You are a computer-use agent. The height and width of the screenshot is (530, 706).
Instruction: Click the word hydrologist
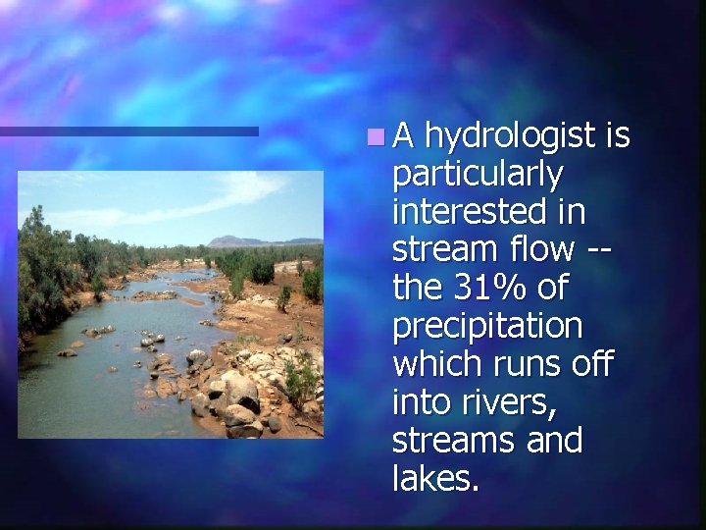point(510,138)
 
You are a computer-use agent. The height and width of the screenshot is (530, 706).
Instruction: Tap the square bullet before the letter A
point(378,136)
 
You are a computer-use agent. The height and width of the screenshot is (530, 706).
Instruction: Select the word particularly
point(478,177)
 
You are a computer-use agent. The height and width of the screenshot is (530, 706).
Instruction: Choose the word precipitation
point(487,327)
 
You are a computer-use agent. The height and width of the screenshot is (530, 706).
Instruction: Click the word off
point(595,364)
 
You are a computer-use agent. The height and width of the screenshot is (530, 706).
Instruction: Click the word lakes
point(435,479)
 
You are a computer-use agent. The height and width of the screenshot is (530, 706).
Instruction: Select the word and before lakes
point(555,441)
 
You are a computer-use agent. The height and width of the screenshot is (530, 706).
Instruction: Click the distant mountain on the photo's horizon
point(236,240)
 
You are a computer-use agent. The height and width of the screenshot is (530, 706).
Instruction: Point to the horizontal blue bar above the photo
point(128,131)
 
